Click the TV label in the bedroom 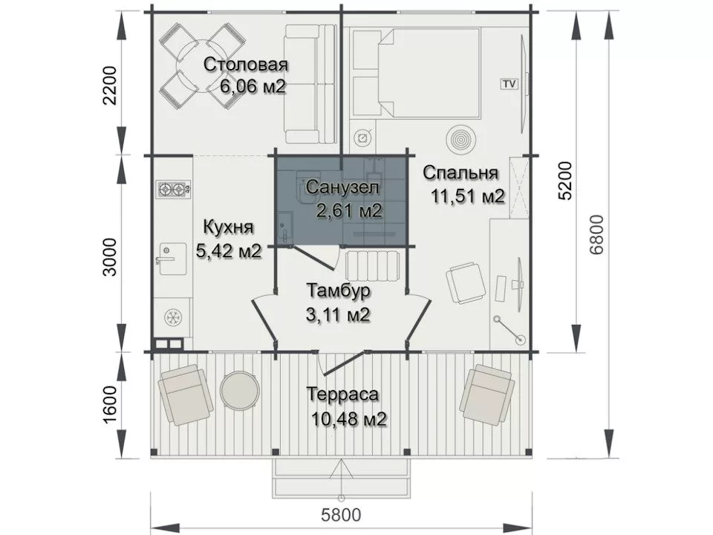[x=509, y=84]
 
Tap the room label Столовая [x=246, y=65]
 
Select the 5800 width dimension [x=341, y=516]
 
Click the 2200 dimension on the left [x=110, y=85]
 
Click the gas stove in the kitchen [x=174, y=189]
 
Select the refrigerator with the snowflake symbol [x=172, y=317]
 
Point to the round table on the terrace [x=240, y=390]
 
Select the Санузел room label [x=342, y=187]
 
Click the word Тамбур [x=339, y=291]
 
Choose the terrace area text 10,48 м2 [x=349, y=419]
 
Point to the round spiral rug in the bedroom [x=460, y=139]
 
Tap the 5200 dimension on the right [x=565, y=180]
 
